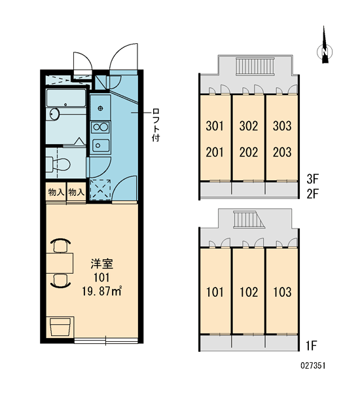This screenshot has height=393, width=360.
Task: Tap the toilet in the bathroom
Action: [59, 164]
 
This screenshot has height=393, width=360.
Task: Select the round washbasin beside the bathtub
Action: [54, 114]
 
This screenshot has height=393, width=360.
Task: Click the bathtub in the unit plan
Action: [66, 98]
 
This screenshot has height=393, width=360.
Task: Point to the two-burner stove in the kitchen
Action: [100, 127]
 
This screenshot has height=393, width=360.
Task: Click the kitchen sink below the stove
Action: [101, 145]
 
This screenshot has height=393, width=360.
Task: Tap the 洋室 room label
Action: [101, 264]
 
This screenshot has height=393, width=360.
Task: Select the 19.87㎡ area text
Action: [101, 291]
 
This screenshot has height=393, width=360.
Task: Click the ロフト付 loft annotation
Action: [156, 125]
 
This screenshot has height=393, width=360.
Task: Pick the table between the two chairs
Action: [60, 263]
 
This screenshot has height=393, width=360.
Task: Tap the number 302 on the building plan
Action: [249, 126]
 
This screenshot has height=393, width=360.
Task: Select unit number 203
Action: [282, 152]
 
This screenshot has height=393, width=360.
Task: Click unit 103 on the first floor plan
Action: [282, 292]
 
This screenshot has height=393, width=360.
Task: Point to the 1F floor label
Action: [312, 346]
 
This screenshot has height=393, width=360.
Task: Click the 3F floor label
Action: [313, 179]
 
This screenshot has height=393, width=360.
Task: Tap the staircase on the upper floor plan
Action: [255, 66]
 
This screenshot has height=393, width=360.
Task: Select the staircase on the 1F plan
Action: [248, 219]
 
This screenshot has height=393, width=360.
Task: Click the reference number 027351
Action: [313, 365]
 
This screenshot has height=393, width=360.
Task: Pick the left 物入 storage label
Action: [56, 193]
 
